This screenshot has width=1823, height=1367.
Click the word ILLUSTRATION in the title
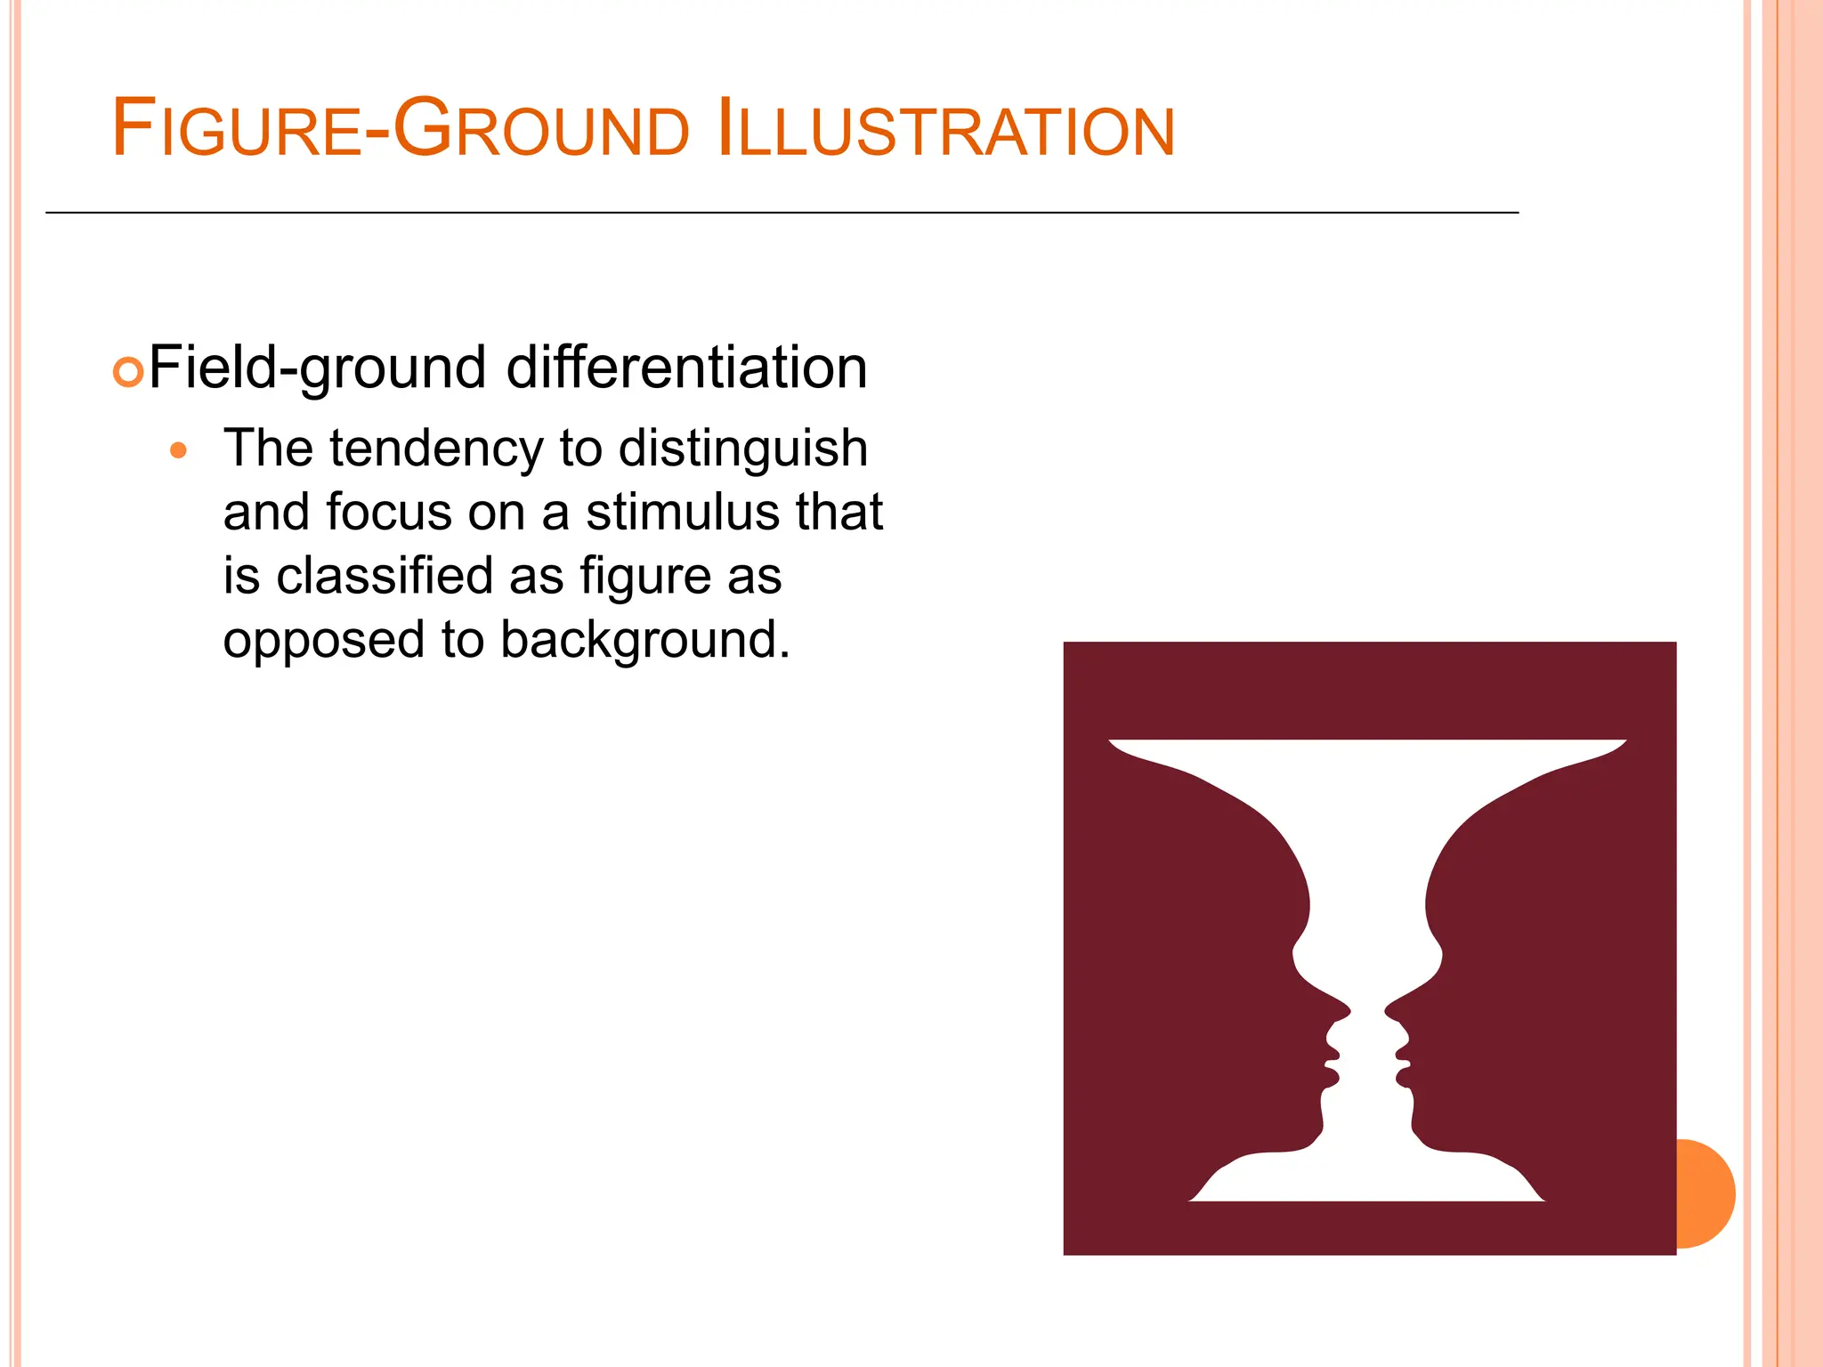pyautogui.click(x=945, y=131)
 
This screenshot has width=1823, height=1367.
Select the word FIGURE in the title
pyautogui.click(x=237, y=131)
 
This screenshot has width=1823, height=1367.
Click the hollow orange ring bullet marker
pyautogui.click(x=128, y=372)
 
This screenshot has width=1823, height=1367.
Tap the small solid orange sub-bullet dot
pyautogui.click(x=178, y=450)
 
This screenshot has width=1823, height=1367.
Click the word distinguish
pyautogui.click(x=742, y=450)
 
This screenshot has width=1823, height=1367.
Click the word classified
pyautogui.click(x=384, y=576)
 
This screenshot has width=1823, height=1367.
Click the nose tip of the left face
pyautogui.click(x=1349, y=1011)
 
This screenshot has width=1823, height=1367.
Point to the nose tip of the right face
pyautogui.click(x=1387, y=1011)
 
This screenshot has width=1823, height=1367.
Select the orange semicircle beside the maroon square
pyautogui.click(x=1706, y=1193)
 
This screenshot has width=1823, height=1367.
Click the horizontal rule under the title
pyautogui.click(x=782, y=213)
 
